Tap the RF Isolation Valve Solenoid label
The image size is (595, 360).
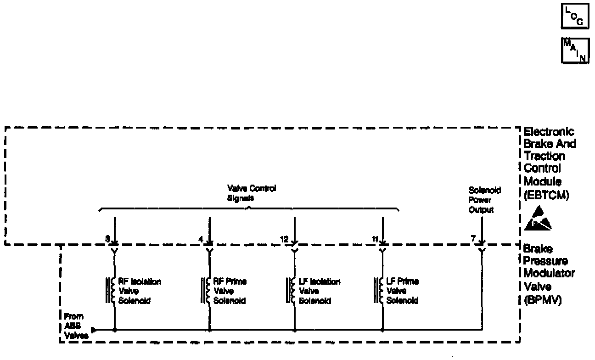(x=140, y=291)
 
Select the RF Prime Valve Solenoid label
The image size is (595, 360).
(x=230, y=291)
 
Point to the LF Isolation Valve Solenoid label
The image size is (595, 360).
(x=320, y=291)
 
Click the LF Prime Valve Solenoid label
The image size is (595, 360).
(x=403, y=291)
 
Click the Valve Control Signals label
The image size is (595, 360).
(x=252, y=193)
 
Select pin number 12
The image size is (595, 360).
(x=284, y=239)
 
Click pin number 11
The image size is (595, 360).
(x=375, y=239)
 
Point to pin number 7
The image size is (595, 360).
(x=472, y=239)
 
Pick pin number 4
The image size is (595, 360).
(x=201, y=239)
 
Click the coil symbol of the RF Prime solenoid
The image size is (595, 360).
(x=207, y=290)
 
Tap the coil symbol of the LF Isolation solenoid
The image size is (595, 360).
(x=292, y=290)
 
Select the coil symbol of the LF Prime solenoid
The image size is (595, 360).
(x=380, y=290)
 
